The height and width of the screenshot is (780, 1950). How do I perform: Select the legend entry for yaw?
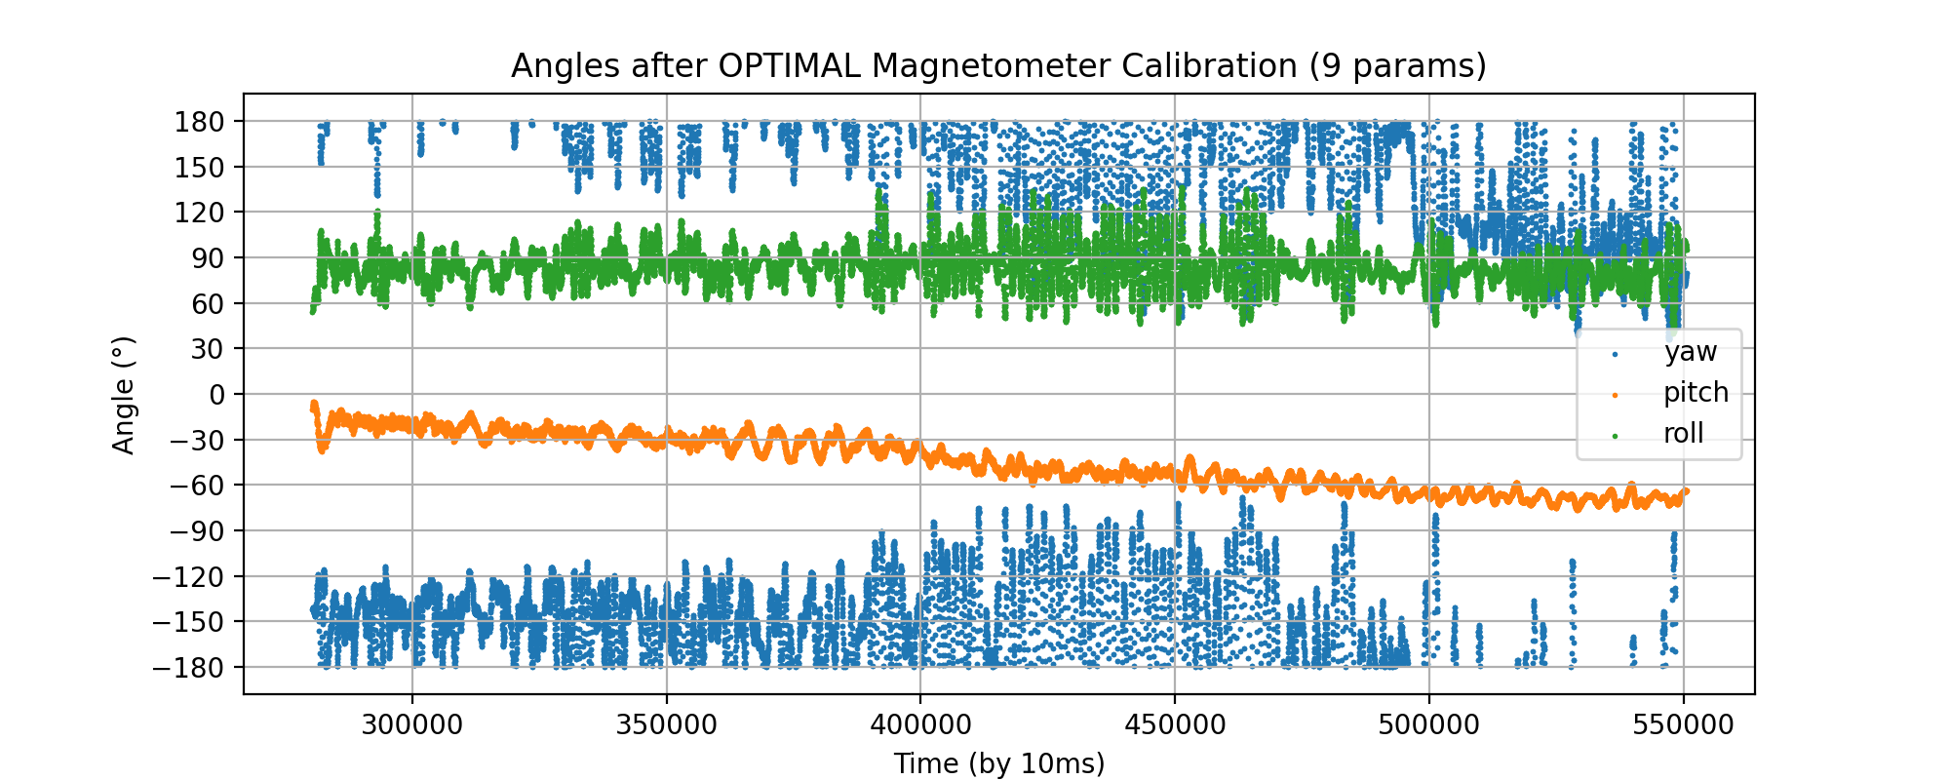pos(1690,352)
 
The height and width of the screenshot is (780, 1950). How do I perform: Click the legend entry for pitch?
pos(1696,393)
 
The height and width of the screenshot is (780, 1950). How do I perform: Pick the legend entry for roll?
pos(1683,434)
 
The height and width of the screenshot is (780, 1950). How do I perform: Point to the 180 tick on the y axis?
pos(199,122)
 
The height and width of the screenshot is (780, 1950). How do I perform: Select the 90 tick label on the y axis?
pos(207,258)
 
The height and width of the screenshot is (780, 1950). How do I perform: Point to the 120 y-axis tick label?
pos(199,213)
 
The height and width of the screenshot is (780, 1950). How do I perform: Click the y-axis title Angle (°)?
pos(124,395)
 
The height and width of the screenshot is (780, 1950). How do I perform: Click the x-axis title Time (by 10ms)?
pos(999,763)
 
